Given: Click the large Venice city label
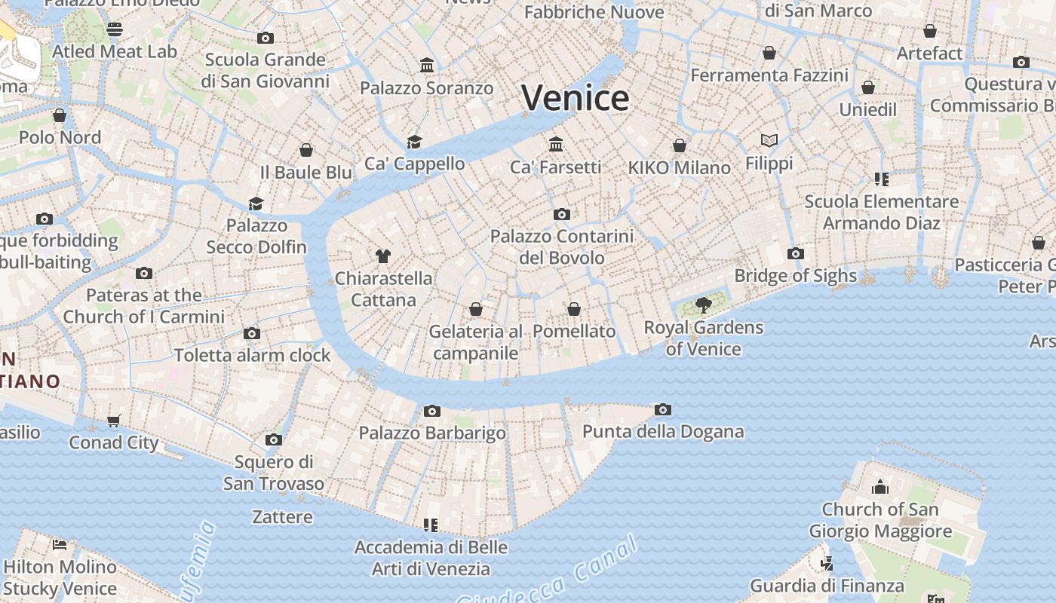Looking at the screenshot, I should pyautogui.click(x=575, y=99).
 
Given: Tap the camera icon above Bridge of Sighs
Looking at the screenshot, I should pyautogui.click(x=795, y=253).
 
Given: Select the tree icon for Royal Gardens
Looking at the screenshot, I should pyautogui.click(x=703, y=305).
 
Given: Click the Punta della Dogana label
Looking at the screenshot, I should pyautogui.click(x=663, y=432).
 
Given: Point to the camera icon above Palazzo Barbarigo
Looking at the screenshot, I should pyautogui.click(x=431, y=411).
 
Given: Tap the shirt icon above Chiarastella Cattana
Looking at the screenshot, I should pyautogui.click(x=383, y=256).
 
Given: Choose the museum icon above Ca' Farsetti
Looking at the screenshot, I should pyautogui.click(x=556, y=144).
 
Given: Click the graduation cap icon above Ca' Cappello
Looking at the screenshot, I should pyautogui.click(x=414, y=142).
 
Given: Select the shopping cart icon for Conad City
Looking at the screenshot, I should pyautogui.click(x=114, y=421).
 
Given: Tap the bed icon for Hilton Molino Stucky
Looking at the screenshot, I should pyautogui.click(x=60, y=544).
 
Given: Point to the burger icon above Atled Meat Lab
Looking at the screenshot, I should pyautogui.click(x=114, y=29).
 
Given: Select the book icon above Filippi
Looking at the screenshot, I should pyautogui.click(x=769, y=141).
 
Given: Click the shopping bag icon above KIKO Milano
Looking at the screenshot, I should pyautogui.click(x=680, y=145).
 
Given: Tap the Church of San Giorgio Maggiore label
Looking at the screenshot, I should pyautogui.click(x=879, y=520).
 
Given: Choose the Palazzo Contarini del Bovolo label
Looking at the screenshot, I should pyautogui.click(x=562, y=246).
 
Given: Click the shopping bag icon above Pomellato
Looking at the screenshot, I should pyautogui.click(x=574, y=309).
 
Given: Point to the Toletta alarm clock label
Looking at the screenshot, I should pyautogui.click(x=252, y=355).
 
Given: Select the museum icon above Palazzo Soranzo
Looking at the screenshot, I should pyautogui.click(x=427, y=66).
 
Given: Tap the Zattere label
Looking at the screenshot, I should pyautogui.click(x=282, y=517).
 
